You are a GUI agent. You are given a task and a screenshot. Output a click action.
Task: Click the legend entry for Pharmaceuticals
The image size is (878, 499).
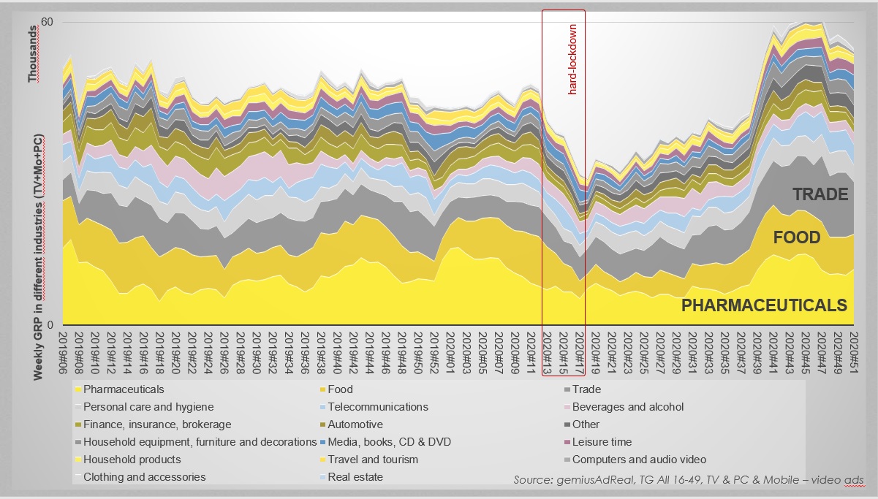point(124,389)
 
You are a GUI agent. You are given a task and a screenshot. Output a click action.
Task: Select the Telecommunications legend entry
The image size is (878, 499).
point(378,407)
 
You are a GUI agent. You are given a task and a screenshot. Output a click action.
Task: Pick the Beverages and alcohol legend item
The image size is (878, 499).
point(628,407)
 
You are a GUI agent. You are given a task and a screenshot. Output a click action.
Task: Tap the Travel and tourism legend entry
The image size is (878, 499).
point(373,460)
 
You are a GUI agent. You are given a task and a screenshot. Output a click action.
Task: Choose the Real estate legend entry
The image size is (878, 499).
point(355,477)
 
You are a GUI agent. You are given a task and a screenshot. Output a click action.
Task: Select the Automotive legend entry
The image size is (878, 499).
point(355,424)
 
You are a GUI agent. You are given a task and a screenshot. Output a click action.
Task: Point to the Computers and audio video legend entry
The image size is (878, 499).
point(639,460)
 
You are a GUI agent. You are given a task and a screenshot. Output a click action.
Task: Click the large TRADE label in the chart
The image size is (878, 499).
point(821,194)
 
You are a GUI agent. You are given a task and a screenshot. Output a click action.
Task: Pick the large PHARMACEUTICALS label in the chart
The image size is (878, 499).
point(764,305)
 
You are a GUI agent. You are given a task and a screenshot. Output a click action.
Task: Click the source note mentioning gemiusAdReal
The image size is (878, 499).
point(688,480)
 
